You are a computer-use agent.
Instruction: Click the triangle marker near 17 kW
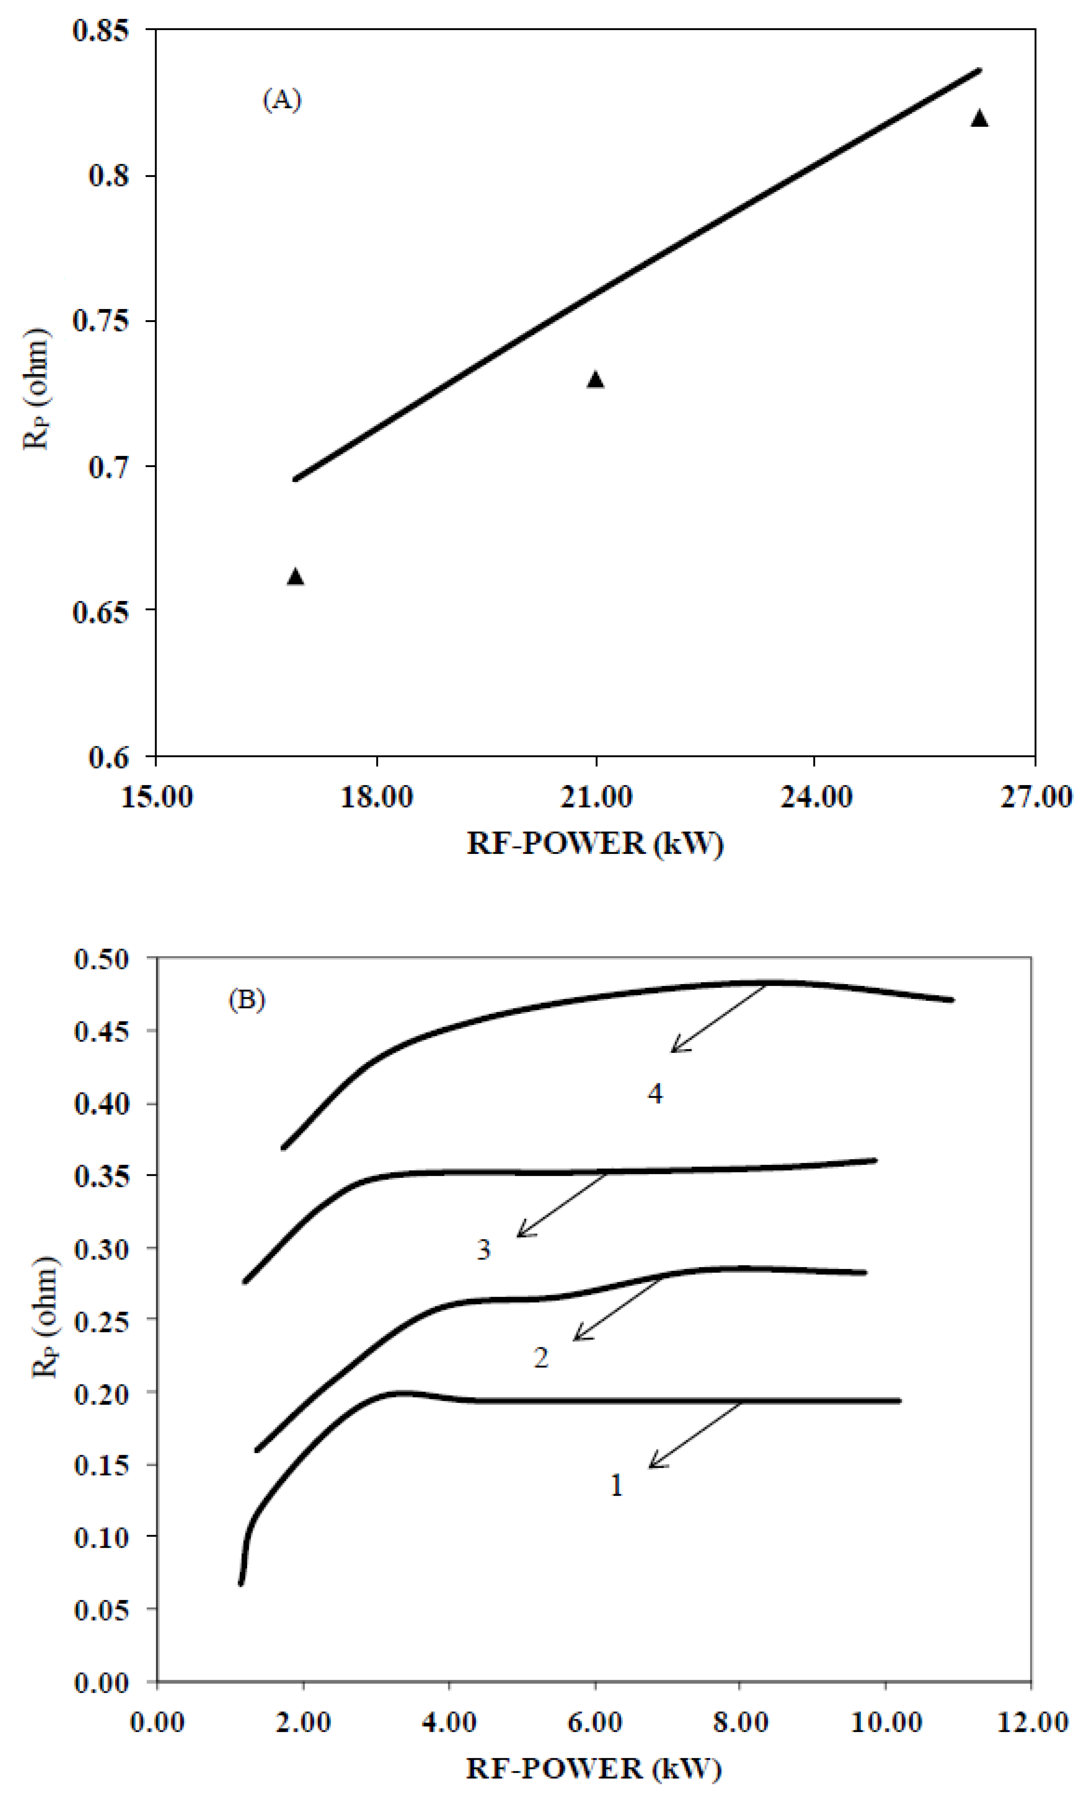pyautogui.click(x=295, y=577)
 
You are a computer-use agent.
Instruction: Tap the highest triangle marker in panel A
pyautogui.click(x=980, y=118)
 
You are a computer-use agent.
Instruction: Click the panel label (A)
pyautogui.click(x=282, y=100)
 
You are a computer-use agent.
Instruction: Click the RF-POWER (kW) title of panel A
pyautogui.click(x=595, y=844)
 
